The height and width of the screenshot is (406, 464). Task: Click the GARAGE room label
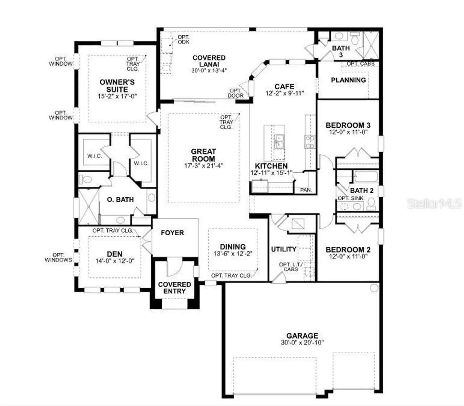(302, 336)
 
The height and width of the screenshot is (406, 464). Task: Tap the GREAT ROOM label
(203, 155)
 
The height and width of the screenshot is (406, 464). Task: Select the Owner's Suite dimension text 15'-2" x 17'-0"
(117, 97)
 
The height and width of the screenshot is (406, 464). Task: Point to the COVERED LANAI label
(209, 61)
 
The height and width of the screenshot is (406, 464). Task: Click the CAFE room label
(284, 86)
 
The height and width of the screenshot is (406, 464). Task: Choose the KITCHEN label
(271, 166)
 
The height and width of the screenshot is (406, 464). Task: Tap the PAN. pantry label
(306, 190)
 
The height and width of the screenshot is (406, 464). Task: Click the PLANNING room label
(348, 80)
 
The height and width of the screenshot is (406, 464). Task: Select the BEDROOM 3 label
(348, 126)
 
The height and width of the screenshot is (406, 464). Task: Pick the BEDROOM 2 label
(348, 250)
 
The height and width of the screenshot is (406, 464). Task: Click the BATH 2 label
(361, 190)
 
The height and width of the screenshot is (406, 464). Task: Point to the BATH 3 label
(341, 51)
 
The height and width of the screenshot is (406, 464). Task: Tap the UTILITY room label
(283, 249)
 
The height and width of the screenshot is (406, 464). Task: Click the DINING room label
(233, 247)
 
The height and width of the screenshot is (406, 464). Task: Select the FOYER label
(172, 233)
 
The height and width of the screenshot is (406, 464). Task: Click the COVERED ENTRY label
(174, 288)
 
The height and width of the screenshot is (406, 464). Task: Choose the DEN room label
(115, 254)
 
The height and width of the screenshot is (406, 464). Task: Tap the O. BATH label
(120, 200)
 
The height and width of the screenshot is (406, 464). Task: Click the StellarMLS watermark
(435, 203)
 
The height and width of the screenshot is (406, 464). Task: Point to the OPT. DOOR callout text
(235, 93)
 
